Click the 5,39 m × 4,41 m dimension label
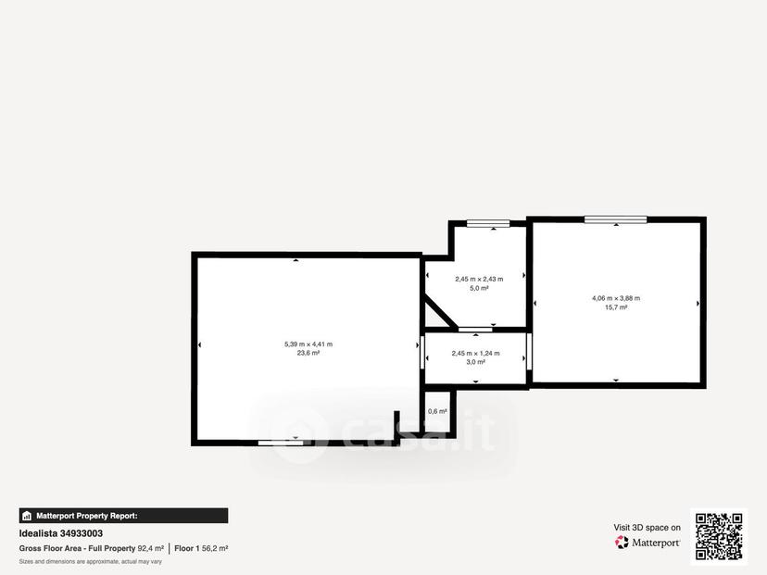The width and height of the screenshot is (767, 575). click(x=308, y=344)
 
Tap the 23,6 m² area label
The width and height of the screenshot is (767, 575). click(x=308, y=353)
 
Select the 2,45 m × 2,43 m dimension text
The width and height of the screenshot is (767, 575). click(x=479, y=280)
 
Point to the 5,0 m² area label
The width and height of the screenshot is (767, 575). click(x=480, y=289)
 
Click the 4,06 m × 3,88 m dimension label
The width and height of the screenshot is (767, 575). click(x=616, y=298)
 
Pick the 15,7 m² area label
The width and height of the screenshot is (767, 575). click(x=616, y=307)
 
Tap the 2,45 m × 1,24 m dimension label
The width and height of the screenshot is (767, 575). click(x=475, y=353)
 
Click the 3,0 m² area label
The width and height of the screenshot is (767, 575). click(x=475, y=362)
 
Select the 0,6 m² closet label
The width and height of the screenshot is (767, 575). click(x=437, y=412)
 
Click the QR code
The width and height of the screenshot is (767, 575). click(x=719, y=536)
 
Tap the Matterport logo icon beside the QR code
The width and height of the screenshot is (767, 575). click(x=622, y=543)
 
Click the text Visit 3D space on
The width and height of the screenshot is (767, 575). click(x=648, y=528)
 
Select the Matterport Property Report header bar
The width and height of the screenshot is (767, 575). click(x=123, y=516)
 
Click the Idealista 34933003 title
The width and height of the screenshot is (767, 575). click(x=60, y=533)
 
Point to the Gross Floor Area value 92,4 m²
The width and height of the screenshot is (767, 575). click(x=151, y=548)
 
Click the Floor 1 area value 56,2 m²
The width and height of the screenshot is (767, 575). click(x=215, y=548)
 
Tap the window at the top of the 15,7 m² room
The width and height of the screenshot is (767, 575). click(x=616, y=219)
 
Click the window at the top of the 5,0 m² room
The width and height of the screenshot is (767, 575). click(x=488, y=223)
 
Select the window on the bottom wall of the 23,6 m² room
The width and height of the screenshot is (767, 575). click(x=281, y=443)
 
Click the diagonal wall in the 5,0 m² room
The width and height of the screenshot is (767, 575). click(x=440, y=312)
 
